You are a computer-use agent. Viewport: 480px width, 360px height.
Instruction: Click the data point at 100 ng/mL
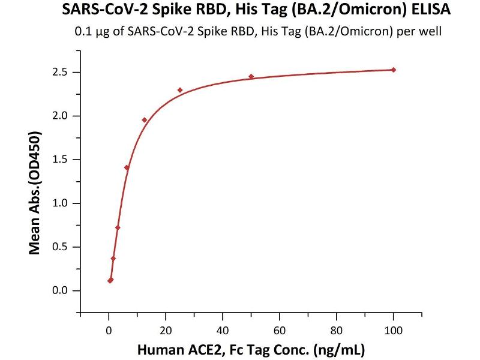(394, 70)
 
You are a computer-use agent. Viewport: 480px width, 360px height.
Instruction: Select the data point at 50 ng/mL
(251, 76)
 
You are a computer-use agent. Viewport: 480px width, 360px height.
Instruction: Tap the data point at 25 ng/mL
(180, 90)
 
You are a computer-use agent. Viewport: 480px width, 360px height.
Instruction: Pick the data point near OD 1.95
(144, 120)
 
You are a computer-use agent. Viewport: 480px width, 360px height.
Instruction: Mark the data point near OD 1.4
(127, 167)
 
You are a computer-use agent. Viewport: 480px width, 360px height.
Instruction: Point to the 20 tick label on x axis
(166, 329)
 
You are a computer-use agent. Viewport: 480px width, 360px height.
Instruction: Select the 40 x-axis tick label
(223, 329)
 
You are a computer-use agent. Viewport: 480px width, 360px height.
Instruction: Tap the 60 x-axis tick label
(280, 329)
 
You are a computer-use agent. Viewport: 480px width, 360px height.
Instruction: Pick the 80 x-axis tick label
(337, 329)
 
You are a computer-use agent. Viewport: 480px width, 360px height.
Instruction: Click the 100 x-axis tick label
(394, 329)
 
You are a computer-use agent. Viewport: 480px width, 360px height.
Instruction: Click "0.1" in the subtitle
(82, 32)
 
